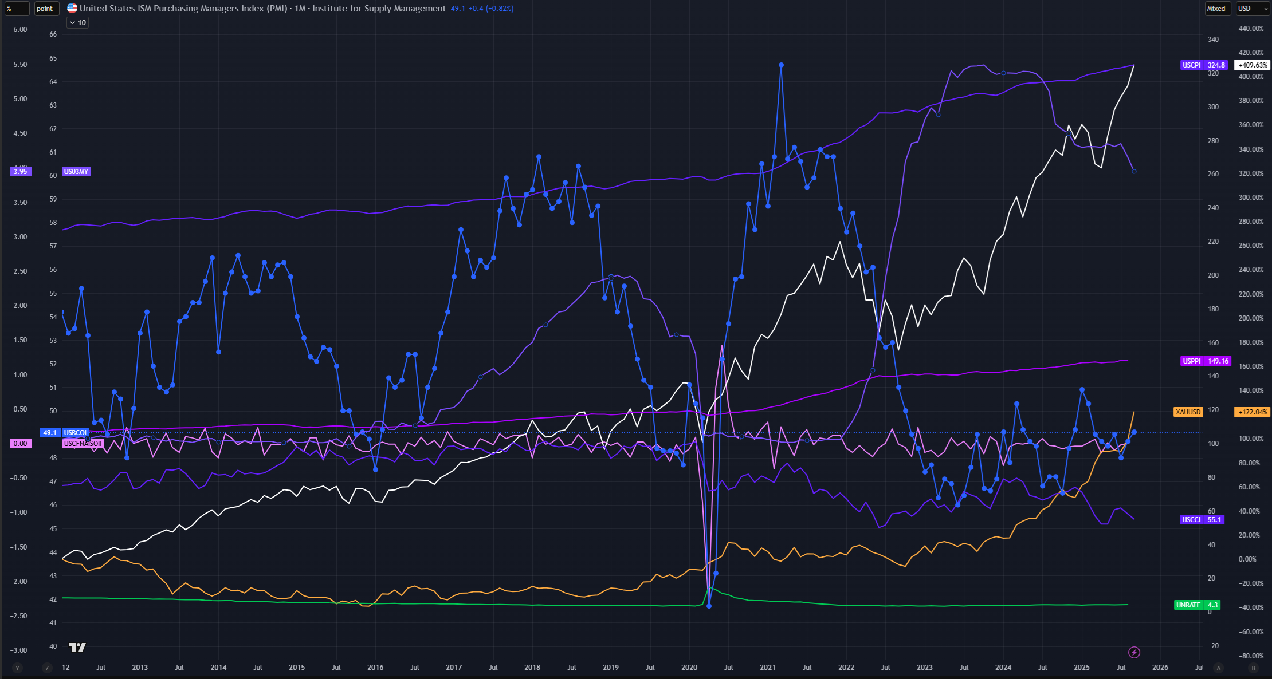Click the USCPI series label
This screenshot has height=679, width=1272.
(x=1192, y=65)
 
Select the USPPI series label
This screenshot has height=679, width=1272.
(x=1192, y=361)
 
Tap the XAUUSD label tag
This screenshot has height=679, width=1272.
(x=1188, y=412)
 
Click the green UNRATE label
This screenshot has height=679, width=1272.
(x=1188, y=605)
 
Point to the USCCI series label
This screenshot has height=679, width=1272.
(x=1191, y=520)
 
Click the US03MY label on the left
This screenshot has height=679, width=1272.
(x=76, y=172)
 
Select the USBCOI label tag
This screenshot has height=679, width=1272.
(x=75, y=433)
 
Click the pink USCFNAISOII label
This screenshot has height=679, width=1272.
(x=83, y=444)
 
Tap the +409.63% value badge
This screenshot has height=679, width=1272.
(x=1253, y=65)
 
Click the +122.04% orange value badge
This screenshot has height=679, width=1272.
(x=1253, y=412)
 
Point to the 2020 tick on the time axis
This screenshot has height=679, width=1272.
(x=689, y=668)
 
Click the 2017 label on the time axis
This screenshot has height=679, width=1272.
(x=454, y=668)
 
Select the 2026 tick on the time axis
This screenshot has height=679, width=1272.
(x=1160, y=668)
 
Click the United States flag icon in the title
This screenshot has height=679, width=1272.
(x=72, y=9)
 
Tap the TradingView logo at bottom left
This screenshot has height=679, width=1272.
(x=77, y=647)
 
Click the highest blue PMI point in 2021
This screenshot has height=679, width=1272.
(x=781, y=65)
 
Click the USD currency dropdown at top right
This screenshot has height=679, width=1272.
(x=1251, y=9)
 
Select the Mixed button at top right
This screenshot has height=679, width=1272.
(x=1216, y=9)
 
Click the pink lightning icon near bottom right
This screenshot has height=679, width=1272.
(x=1134, y=652)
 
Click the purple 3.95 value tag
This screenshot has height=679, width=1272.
(x=21, y=172)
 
